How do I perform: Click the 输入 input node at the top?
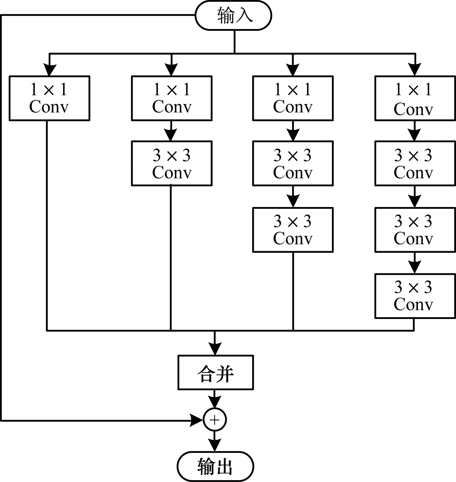click(233, 15)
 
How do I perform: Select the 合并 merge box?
click(216, 372)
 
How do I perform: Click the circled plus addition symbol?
click(215, 420)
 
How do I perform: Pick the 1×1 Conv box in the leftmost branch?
click(49, 98)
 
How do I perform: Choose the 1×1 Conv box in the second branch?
click(172, 98)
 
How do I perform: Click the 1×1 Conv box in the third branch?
click(293, 98)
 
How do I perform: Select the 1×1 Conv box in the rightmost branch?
click(415, 98)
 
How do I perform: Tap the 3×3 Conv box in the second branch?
click(172, 163)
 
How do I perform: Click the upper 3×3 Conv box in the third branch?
click(293, 163)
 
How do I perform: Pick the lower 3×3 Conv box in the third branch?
click(293, 230)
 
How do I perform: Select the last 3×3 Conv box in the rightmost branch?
click(415, 296)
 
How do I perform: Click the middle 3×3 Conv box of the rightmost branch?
click(415, 230)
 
